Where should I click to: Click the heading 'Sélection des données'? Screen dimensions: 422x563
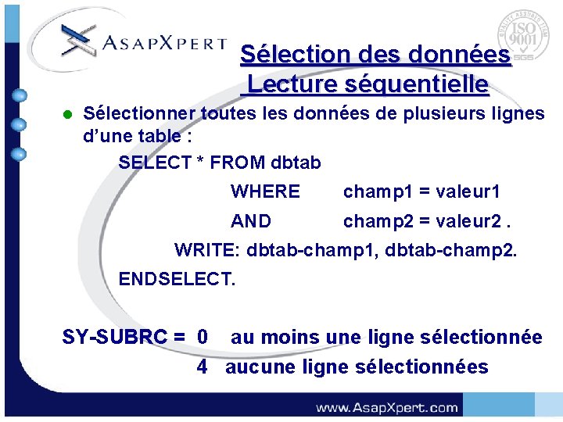click(x=375, y=55)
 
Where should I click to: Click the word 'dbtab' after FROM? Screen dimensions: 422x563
click(x=296, y=163)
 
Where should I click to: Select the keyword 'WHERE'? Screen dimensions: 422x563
click(x=265, y=191)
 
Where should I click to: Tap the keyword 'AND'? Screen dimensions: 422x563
click(x=250, y=221)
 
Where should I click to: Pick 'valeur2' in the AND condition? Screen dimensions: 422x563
click(x=468, y=221)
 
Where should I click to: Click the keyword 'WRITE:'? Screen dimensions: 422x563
click(x=207, y=251)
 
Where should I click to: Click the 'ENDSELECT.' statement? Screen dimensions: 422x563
click(x=176, y=279)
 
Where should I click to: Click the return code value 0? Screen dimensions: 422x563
click(x=203, y=338)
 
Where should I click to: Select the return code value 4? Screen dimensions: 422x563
click(x=203, y=367)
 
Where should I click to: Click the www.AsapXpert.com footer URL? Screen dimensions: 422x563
click(x=386, y=407)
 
